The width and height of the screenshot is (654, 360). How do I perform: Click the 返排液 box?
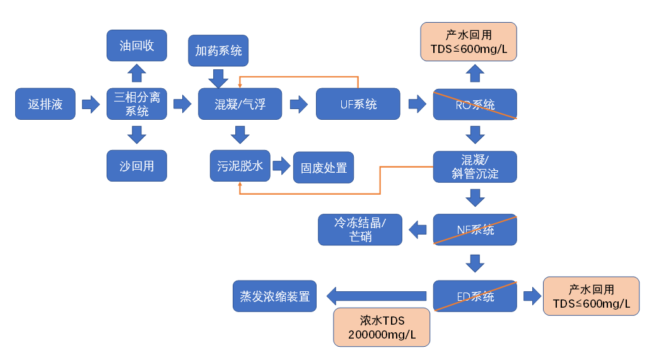pyautogui.click(x=45, y=104)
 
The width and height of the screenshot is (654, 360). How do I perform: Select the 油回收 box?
pyautogui.click(x=137, y=45)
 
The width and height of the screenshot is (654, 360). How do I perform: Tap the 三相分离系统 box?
pyautogui.click(x=137, y=104)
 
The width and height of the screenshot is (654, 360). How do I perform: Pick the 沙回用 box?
pyautogui.click(x=137, y=166)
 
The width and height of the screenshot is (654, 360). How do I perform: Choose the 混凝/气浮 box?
pyautogui.click(x=240, y=104)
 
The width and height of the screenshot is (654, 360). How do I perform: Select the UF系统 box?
pyautogui.click(x=358, y=104)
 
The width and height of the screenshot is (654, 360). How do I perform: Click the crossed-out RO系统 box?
pyautogui.click(x=475, y=104)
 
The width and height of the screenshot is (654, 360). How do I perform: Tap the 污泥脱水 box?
pyautogui.click(x=240, y=166)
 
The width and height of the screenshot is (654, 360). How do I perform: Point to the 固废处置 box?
pyautogui.click(x=324, y=168)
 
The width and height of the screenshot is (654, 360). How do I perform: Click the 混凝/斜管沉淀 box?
pyautogui.click(x=475, y=166)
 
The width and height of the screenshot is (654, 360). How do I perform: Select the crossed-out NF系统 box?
pyautogui.click(x=475, y=230)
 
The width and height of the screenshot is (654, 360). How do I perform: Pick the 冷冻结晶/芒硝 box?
pyautogui.click(x=360, y=230)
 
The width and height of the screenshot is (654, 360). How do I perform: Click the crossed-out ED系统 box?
pyautogui.click(x=475, y=296)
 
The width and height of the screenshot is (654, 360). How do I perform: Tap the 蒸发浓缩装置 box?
pyautogui.click(x=275, y=296)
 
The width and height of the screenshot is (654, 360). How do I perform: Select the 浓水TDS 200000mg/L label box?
pyautogui.click(x=382, y=327)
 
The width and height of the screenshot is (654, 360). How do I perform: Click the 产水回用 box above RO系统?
pyautogui.click(x=469, y=42)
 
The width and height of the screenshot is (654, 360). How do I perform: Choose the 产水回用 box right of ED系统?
pyautogui.click(x=591, y=296)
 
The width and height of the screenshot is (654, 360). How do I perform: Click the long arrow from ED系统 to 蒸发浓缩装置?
pyautogui.click(x=377, y=296)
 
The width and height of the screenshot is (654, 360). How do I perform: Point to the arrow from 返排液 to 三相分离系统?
pyautogui.click(x=91, y=104)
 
